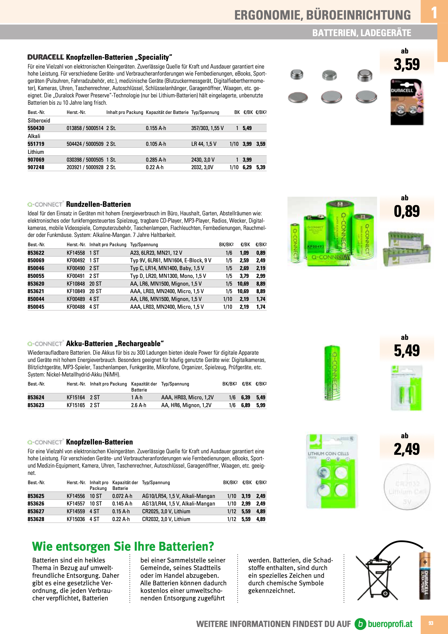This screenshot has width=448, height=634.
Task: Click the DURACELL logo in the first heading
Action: click(x=46, y=57)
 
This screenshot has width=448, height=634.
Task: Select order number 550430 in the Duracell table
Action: click(x=36, y=128)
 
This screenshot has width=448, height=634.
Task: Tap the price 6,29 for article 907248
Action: click(x=247, y=167)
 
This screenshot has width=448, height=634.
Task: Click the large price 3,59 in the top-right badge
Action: click(x=407, y=65)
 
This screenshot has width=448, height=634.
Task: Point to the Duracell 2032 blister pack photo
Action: click(x=407, y=102)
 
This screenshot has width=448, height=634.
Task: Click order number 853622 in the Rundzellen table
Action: click(x=36, y=253)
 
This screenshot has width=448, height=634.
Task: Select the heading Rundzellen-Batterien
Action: click(x=98, y=204)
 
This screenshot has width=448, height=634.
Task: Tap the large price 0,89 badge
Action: click(x=407, y=212)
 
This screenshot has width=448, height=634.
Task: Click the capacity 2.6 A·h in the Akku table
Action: click(x=138, y=405)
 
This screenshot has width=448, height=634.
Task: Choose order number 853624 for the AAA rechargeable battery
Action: click(x=36, y=397)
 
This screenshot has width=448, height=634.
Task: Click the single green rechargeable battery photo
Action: click(x=332, y=372)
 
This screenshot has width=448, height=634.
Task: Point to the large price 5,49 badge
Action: click(x=407, y=351)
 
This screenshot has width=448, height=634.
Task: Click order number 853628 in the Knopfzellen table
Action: click(x=36, y=519)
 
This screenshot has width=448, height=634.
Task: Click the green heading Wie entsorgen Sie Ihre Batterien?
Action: click(x=123, y=546)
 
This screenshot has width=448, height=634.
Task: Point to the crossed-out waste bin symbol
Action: click(x=378, y=579)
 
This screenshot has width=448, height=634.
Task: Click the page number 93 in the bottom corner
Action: click(x=431, y=623)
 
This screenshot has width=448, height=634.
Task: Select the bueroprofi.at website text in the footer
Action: click(x=390, y=624)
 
